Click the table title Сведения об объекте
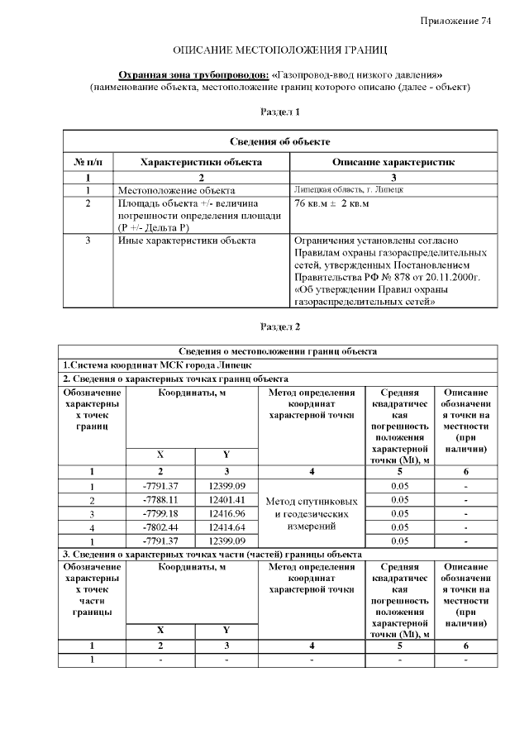279,142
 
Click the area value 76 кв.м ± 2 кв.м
331,203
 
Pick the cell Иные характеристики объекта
187,241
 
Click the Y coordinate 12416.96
226,513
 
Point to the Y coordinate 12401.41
226,500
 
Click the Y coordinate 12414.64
226,526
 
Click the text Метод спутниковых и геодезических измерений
312,513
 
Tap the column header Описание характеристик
393,162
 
